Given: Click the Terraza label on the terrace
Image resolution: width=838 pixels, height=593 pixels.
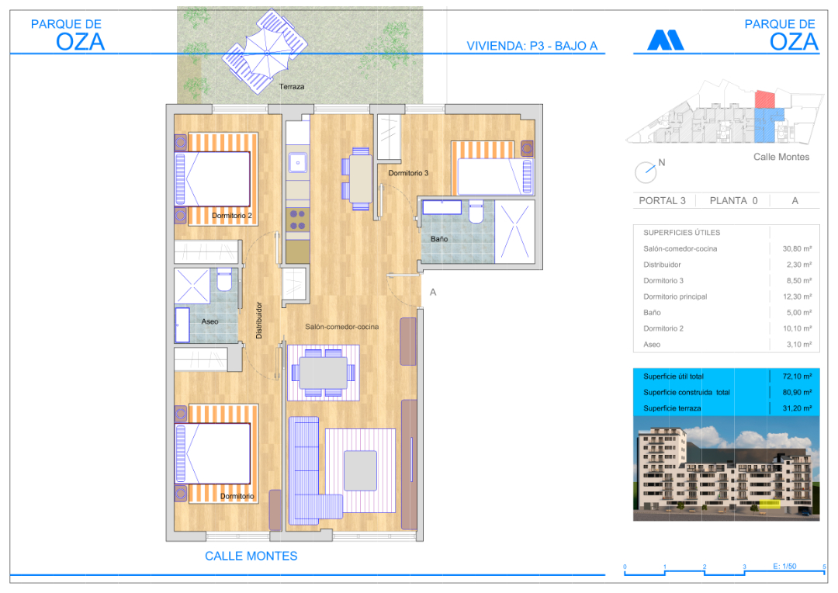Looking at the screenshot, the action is click(x=291, y=87).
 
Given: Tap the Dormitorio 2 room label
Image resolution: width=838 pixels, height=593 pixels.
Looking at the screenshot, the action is click(x=231, y=216).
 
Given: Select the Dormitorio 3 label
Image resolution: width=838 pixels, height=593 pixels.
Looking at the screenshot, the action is click(x=408, y=173).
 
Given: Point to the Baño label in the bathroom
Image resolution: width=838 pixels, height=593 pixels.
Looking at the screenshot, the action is click(x=439, y=239).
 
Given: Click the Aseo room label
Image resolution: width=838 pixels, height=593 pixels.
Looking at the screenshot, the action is click(x=209, y=321).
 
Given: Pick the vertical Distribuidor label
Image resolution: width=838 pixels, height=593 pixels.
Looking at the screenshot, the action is click(x=259, y=321).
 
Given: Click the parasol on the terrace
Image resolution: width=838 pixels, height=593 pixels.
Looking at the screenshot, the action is click(x=266, y=53).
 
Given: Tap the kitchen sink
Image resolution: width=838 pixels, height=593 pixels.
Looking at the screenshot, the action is click(x=298, y=162).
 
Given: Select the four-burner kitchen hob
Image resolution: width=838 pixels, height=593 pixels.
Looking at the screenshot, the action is click(x=298, y=220).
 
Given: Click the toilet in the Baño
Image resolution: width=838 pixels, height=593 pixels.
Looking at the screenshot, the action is click(x=476, y=212).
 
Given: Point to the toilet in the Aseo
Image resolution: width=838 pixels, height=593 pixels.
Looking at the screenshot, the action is click(x=224, y=279).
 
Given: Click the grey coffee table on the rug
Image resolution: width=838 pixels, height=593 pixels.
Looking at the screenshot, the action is click(x=360, y=470).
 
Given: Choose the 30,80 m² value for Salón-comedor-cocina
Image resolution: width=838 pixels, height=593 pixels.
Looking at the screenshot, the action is click(x=797, y=248).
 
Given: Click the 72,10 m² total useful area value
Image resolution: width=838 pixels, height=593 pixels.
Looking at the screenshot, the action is click(x=797, y=376).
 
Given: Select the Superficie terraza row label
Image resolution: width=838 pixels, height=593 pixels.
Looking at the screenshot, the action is click(x=672, y=408).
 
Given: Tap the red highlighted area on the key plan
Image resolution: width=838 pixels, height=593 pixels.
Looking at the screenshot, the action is click(x=765, y=99).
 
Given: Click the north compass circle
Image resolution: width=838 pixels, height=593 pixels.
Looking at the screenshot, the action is click(x=645, y=173).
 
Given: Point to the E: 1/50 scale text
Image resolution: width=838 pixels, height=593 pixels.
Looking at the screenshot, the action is click(x=784, y=567).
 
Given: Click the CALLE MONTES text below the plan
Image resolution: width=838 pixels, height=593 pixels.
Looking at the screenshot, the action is click(x=251, y=556).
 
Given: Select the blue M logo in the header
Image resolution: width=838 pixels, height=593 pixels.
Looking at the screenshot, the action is click(x=666, y=40).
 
